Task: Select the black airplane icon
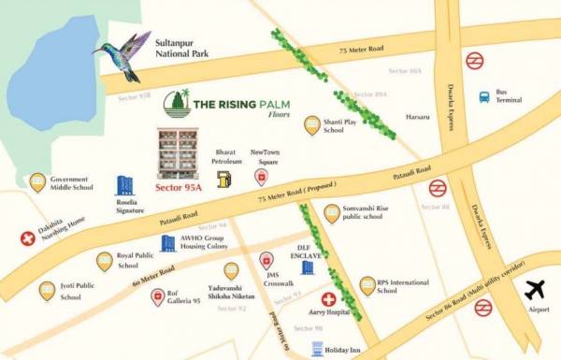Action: (x=536, y=291)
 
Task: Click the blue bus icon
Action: (x=484, y=96)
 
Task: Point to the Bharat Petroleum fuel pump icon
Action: (x=223, y=179)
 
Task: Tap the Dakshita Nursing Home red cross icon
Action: (x=27, y=239)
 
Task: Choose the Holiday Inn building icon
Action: (x=316, y=349)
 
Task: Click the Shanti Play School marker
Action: (x=313, y=124)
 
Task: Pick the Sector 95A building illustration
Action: (x=178, y=153)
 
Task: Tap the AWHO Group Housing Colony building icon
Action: (x=168, y=243)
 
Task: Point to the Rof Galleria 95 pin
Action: (x=158, y=296)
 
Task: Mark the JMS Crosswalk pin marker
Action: (x=266, y=261)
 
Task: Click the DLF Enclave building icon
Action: (x=307, y=269)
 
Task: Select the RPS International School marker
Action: (x=367, y=285)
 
